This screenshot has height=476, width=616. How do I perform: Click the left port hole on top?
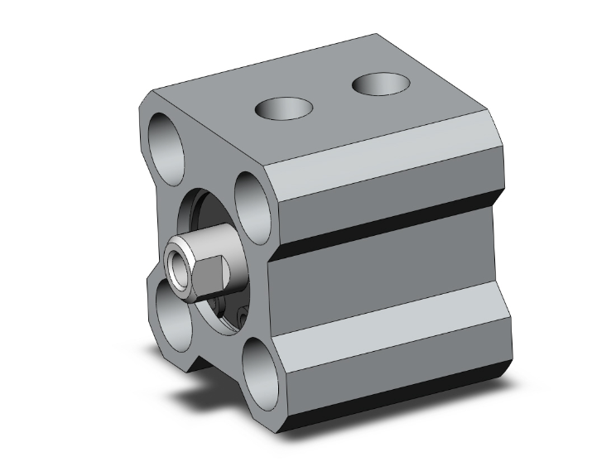click(x=284, y=108)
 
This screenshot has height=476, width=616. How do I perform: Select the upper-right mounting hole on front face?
click(x=254, y=203)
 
